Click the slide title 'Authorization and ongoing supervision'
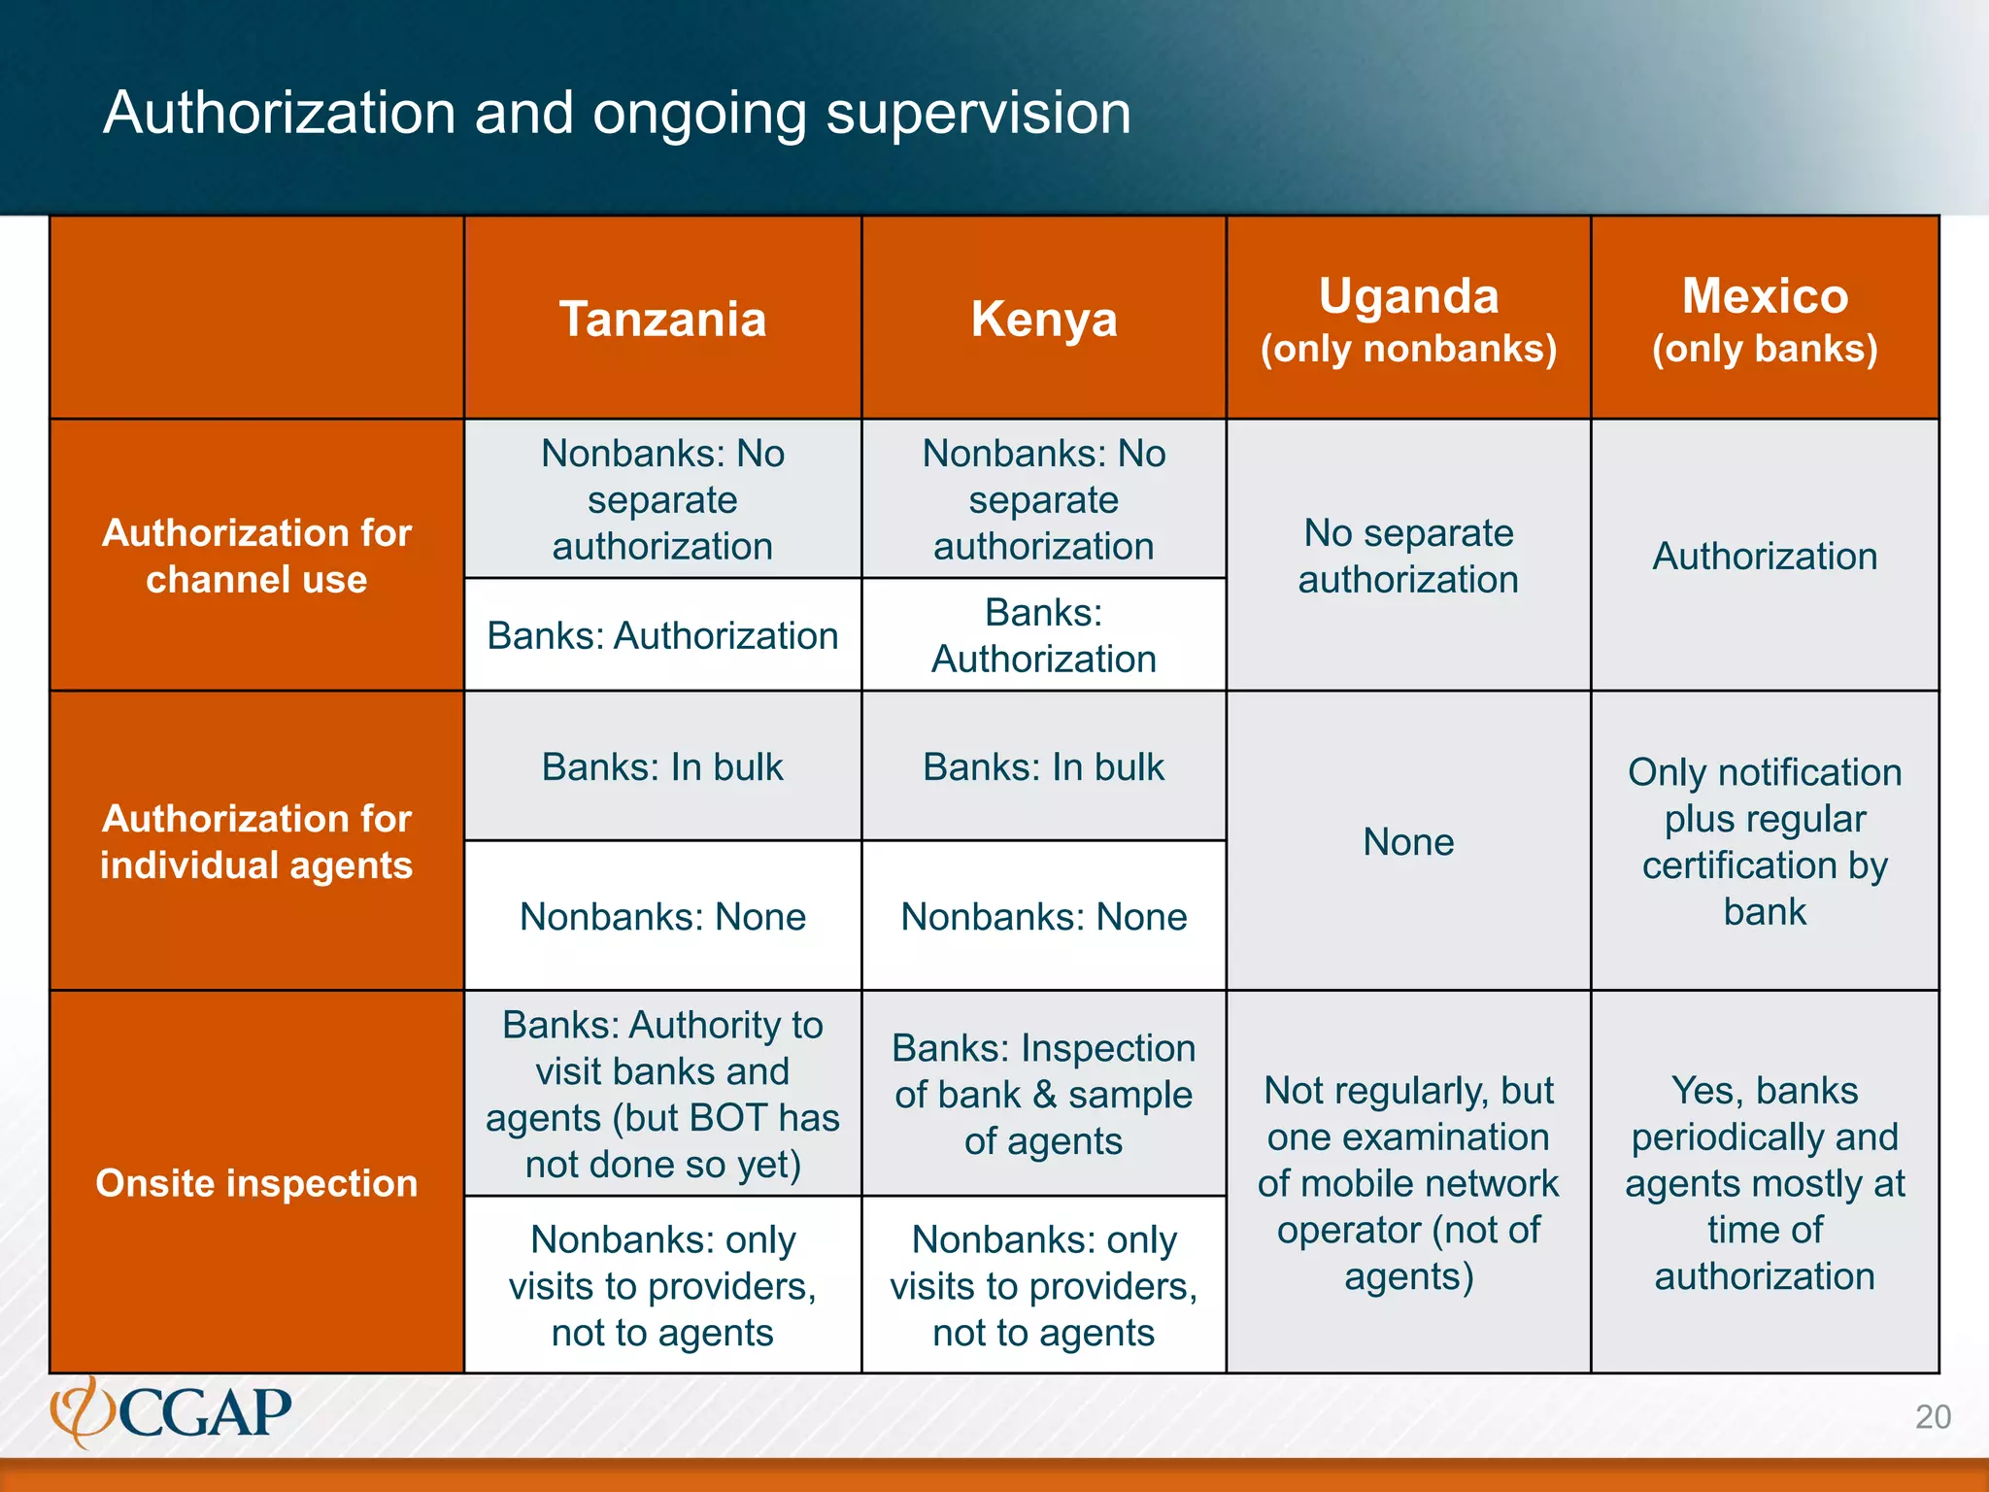click(x=617, y=113)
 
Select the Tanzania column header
click(x=662, y=319)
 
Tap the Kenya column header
click(x=1044, y=319)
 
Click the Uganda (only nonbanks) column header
click(x=1408, y=319)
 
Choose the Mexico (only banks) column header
click(x=1765, y=319)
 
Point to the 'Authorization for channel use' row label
click(x=256, y=556)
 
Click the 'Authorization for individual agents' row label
click(x=256, y=841)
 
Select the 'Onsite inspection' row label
click(x=256, y=1183)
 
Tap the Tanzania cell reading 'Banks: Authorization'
click(x=662, y=635)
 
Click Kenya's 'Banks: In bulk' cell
click(x=1044, y=766)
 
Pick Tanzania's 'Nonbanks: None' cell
click(x=662, y=916)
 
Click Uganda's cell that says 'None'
click(x=1408, y=841)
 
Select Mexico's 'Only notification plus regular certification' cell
click(x=1765, y=841)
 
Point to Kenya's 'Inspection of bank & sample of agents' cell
click(x=1044, y=1094)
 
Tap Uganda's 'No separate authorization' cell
click(x=1408, y=556)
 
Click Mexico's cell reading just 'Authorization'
click(x=1765, y=556)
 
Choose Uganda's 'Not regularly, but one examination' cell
click(x=1408, y=1183)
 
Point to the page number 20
click(x=1933, y=1417)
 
